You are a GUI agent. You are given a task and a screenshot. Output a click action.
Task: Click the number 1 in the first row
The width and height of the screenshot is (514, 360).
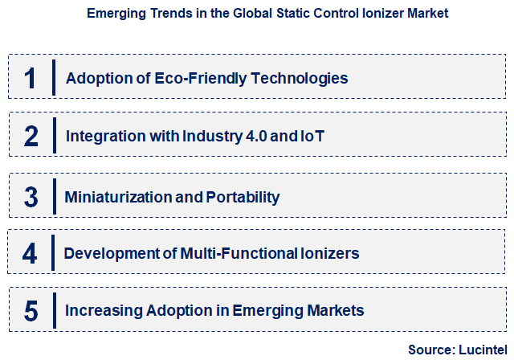(x=31, y=78)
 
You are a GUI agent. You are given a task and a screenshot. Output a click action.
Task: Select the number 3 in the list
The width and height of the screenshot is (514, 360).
(x=31, y=196)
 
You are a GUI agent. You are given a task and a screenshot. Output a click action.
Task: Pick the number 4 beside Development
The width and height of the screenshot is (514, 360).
(x=30, y=254)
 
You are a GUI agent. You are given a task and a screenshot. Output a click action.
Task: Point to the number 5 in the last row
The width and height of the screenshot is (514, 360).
(x=31, y=311)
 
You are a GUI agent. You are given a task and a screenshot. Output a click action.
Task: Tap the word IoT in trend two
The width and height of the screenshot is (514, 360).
(x=312, y=137)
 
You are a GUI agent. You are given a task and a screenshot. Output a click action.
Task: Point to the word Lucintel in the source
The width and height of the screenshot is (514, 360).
(x=481, y=350)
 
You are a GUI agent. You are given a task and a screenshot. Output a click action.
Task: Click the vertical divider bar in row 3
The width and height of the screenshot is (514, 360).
(x=53, y=195)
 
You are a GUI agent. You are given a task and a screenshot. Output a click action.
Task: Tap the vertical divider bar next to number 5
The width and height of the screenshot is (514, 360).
(x=54, y=311)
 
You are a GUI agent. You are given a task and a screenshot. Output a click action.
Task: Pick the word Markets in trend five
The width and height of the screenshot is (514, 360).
(x=338, y=310)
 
